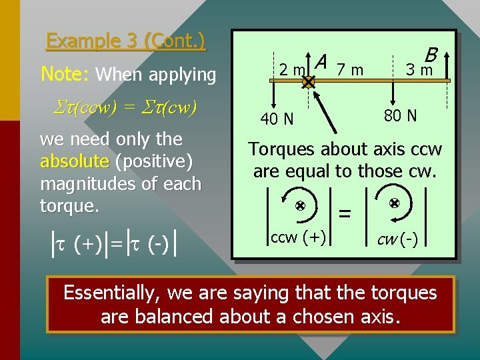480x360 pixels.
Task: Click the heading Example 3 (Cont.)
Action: [126, 41]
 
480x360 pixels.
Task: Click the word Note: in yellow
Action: [65, 74]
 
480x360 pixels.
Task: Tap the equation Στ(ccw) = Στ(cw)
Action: [119, 108]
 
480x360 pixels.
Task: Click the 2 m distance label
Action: [292, 69]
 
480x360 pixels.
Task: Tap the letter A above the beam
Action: [321, 62]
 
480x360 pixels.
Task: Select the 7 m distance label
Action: [350, 69]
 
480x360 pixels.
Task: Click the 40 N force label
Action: [277, 119]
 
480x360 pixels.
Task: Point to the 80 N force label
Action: [400, 116]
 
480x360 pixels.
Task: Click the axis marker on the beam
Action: [308, 83]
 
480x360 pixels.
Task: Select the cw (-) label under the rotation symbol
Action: [398, 239]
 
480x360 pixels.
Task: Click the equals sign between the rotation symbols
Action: [345, 214]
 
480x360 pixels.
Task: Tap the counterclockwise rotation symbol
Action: [300, 207]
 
